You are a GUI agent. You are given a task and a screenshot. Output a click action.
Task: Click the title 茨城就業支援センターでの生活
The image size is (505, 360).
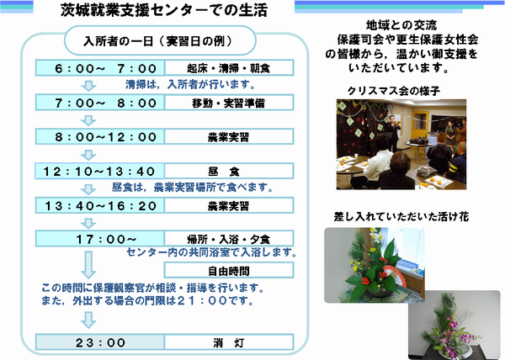[x=164, y=10]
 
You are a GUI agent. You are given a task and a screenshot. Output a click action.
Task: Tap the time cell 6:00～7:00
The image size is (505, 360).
[x=100, y=68]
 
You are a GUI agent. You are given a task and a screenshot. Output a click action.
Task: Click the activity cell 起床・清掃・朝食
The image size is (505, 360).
[x=229, y=68]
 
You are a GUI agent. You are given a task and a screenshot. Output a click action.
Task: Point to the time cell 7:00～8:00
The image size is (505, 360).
[x=100, y=103]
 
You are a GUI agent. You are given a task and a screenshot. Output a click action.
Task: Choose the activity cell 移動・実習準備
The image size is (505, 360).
[x=229, y=103]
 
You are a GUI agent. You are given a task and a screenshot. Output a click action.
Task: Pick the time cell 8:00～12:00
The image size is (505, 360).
[x=100, y=137]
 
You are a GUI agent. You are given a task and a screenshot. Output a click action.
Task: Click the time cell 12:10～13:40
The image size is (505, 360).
[x=100, y=171]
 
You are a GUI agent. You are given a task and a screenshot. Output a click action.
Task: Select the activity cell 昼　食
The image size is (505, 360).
[x=229, y=171]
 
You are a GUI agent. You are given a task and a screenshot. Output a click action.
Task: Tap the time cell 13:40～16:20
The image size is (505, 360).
[x=100, y=205]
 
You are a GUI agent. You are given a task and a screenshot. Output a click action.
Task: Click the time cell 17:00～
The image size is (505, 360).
[x=100, y=239]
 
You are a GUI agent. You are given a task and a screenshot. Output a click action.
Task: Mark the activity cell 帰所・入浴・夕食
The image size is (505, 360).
[x=229, y=239]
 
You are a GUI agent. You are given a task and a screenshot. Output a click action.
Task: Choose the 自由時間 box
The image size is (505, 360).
[x=229, y=270]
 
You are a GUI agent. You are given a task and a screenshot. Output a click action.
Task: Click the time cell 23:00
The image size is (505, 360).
[x=100, y=342]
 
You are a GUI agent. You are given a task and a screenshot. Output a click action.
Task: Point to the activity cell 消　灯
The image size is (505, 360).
[x=229, y=342]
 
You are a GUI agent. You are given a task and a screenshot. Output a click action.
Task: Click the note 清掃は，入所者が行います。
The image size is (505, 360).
[x=191, y=85]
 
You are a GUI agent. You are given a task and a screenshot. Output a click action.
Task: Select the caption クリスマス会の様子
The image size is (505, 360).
[x=394, y=91]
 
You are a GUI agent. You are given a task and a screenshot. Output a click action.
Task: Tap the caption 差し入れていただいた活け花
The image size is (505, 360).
[x=401, y=217]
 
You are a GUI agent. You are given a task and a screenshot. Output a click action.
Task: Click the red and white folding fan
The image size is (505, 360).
[x=395, y=275]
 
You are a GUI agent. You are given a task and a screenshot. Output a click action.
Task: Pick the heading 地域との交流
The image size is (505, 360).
[x=401, y=24]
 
